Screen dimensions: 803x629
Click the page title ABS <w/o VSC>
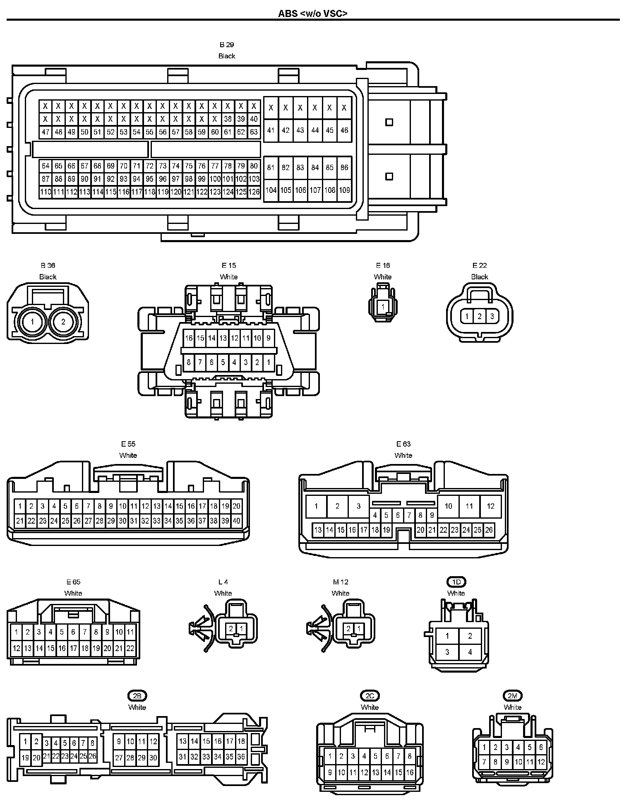pyautogui.click(x=312, y=13)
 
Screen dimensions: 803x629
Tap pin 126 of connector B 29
pyautogui.click(x=254, y=192)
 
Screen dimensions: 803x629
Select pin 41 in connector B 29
pyautogui.click(x=271, y=130)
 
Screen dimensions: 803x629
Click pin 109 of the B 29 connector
pyautogui.click(x=344, y=190)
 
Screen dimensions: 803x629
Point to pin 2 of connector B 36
pyautogui.click(x=63, y=322)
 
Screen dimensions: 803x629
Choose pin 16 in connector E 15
pyautogui.click(x=189, y=338)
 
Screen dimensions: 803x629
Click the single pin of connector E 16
pyautogui.click(x=383, y=307)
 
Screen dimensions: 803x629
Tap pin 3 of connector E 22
pyautogui.click(x=492, y=317)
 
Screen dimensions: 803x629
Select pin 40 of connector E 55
pyautogui.click(x=236, y=521)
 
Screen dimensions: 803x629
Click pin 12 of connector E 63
pyautogui.click(x=490, y=506)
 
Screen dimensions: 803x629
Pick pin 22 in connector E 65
pyautogui.click(x=130, y=648)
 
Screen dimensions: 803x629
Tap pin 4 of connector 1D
pyautogui.click(x=470, y=652)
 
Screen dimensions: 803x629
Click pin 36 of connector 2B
pyautogui.click(x=241, y=757)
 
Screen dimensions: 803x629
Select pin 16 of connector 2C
pyautogui.click(x=410, y=772)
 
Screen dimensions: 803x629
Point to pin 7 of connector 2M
pyautogui.click(x=484, y=762)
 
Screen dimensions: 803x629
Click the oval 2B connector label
pyautogui.click(x=137, y=696)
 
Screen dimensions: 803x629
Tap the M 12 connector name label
pyautogui.click(x=341, y=582)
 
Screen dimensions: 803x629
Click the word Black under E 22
pyautogui.click(x=480, y=277)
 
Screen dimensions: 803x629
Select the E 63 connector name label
pyautogui.click(x=403, y=444)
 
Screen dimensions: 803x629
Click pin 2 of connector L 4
pyautogui.click(x=231, y=629)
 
